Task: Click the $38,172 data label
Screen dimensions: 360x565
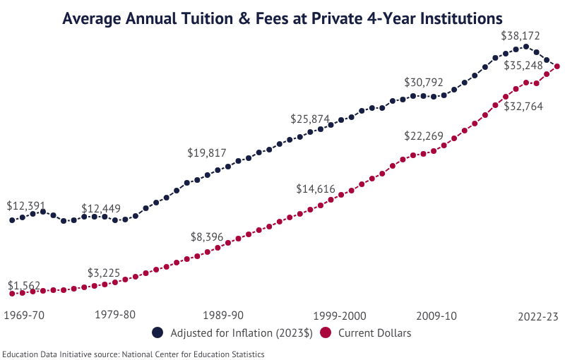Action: [x=523, y=35]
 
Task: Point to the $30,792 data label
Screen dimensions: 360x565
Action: [x=426, y=83]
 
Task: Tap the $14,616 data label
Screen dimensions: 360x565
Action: [x=319, y=189]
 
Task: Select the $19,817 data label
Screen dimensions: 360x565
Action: [x=210, y=153]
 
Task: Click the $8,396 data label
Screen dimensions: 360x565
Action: [x=207, y=237]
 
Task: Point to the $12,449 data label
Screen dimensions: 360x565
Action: [x=101, y=209]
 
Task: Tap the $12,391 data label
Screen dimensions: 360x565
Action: [x=26, y=206]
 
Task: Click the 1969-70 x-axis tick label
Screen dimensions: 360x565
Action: [x=25, y=315]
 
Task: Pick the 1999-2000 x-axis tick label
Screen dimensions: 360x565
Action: [x=334, y=315]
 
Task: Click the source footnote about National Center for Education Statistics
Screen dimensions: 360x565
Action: [x=133, y=354]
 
